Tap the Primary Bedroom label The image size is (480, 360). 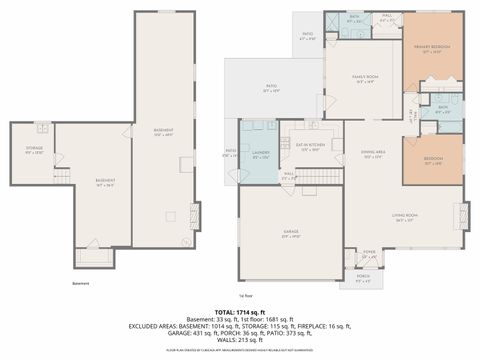click(433, 49)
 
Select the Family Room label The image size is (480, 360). click(365, 79)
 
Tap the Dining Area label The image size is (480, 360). click(374, 154)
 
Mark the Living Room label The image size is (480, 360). click(405, 219)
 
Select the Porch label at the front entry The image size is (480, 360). click(362, 279)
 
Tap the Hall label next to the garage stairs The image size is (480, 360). click(288, 175)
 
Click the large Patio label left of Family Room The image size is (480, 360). click(270, 88)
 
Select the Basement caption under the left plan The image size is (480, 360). click(80, 284)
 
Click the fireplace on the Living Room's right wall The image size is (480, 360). click(461, 215)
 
